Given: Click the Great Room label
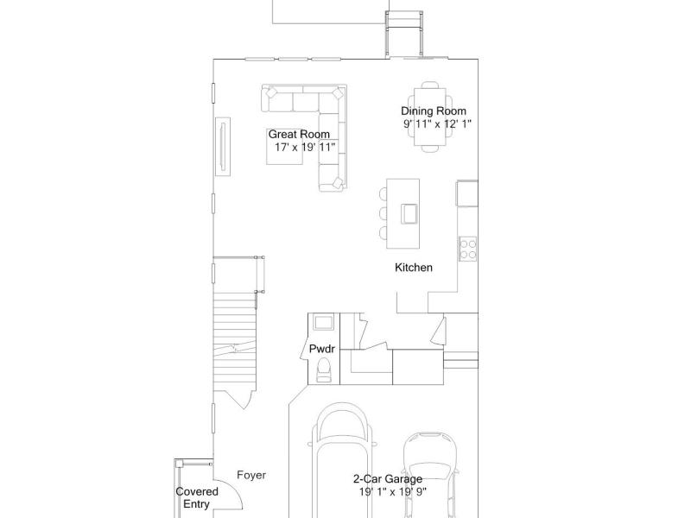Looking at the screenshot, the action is pyautogui.click(x=299, y=135).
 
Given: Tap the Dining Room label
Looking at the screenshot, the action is pyautogui.click(x=434, y=111).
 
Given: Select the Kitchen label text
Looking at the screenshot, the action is pyautogui.click(x=414, y=268).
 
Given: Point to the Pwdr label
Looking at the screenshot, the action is pyautogui.click(x=321, y=350).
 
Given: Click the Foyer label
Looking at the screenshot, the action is pyautogui.click(x=251, y=475).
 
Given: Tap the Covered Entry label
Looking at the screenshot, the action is pyautogui.click(x=197, y=498).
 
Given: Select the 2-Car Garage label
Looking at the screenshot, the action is pyautogui.click(x=388, y=479).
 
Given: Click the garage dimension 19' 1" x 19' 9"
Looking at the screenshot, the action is pyautogui.click(x=393, y=491).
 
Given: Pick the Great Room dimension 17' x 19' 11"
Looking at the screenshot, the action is pyautogui.click(x=305, y=147).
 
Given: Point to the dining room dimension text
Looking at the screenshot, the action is pyautogui.click(x=437, y=123).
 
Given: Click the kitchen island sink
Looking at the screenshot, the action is pyautogui.click(x=409, y=214).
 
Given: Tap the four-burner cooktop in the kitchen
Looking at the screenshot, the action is pyautogui.click(x=468, y=249).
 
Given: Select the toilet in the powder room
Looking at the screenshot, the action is pyautogui.click(x=324, y=370).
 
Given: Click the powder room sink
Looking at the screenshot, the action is pyautogui.click(x=324, y=322).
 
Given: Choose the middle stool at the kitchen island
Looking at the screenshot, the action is pyautogui.click(x=383, y=213).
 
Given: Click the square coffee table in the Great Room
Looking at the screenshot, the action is pyautogui.click(x=285, y=147).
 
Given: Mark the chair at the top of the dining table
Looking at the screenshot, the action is pyautogui.click(x=429, y=85).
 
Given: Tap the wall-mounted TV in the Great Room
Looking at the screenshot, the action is pyautogui.click(x=223, y=147).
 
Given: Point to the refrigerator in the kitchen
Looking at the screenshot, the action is pyautogui.click(x=467, y=193).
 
